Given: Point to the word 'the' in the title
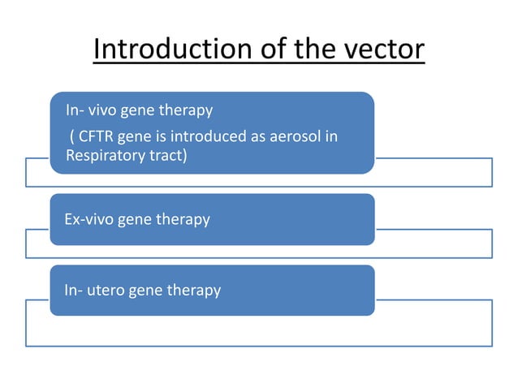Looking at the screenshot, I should click(313, 50).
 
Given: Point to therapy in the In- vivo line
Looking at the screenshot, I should click(187, 110).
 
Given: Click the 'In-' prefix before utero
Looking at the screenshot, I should click(74, 290).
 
